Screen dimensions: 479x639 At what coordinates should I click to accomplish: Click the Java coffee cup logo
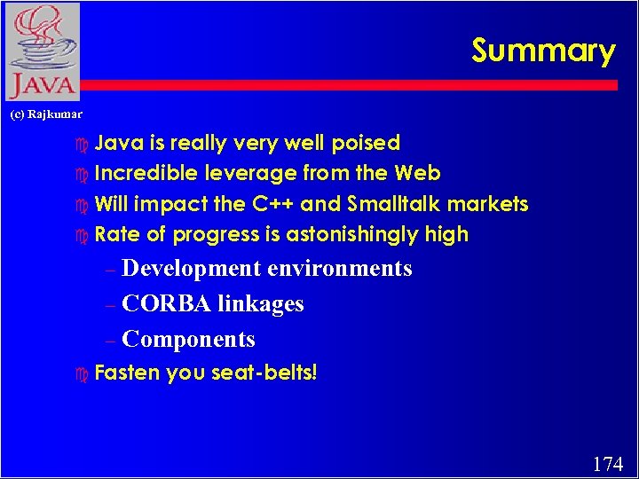[x=41, y=51]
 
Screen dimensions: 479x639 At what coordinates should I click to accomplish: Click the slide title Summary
[x=543, y=51]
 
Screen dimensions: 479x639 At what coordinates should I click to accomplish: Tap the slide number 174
[x=608, y=463]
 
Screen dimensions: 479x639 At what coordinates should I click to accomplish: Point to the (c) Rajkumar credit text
[x=45, y=114]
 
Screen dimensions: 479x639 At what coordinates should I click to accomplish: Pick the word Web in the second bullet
[x=417, y=173]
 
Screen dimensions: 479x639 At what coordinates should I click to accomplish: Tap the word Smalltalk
[x=387, y=204]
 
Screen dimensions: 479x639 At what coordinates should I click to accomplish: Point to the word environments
[x=340, y=269]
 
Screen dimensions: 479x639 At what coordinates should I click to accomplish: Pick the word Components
[x=188, y=340]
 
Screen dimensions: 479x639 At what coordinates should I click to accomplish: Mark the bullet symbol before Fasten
[x=83, y=373]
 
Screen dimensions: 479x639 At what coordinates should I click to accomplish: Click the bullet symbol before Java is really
[x=83, y=144]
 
